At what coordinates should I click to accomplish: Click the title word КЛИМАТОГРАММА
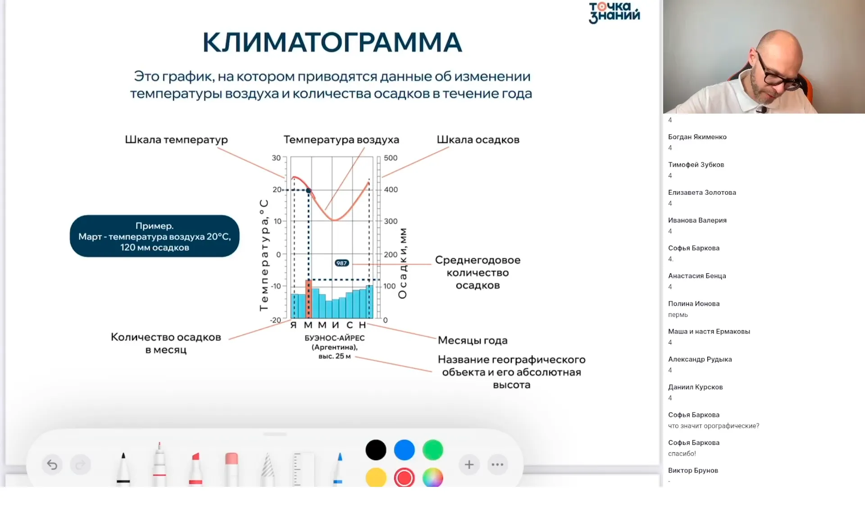[x=332, y=42]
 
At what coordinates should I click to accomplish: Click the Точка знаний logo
[x=614, y=13]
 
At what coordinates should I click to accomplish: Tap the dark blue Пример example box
[x=155, y=236]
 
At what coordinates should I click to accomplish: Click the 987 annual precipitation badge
[x=341, y=263]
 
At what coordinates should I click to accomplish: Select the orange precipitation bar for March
[x=309, y=299]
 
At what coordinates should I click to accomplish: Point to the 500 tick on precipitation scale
[x=390, y=158]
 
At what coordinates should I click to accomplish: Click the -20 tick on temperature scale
[x=275, y=320]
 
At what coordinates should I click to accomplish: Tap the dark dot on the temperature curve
[x=309, y=191]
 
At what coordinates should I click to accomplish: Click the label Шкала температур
[x=176, y=140]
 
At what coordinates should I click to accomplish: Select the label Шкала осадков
[x=478, y=140]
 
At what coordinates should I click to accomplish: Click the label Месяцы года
[x=472, y=340]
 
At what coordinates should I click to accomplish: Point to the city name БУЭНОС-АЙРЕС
[x=334, y=338]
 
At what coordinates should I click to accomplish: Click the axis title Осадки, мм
[x=402, y=263]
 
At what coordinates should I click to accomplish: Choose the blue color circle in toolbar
[x=404, y=450]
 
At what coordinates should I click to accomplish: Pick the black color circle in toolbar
[x=376, y=450]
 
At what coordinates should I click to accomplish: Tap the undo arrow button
[x=52, y=464]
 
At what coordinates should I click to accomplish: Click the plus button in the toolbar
[x=469, y=464]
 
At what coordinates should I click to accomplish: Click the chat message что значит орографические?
[x=713, y=426]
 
